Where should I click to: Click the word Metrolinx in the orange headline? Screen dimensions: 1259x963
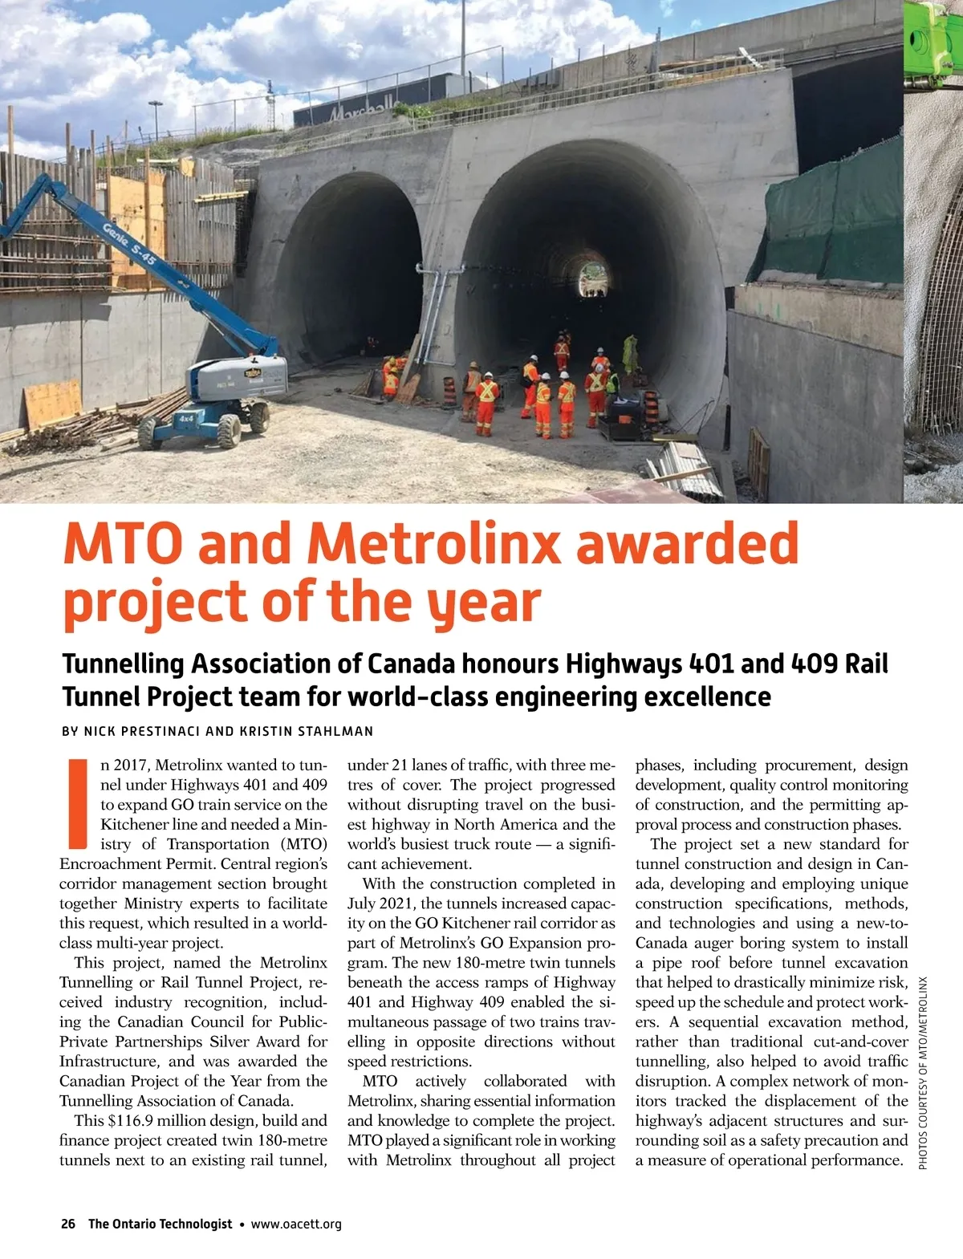tap(433, 544)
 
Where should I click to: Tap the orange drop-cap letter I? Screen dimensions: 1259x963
tap(78, 802)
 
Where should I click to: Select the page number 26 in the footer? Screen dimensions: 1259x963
tap(68, 1224)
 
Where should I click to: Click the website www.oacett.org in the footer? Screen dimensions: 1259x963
tap(296, 1224)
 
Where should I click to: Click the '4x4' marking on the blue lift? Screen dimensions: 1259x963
tap(185, 418)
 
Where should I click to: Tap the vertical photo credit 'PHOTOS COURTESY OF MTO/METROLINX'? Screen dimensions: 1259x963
tap(923, 1071)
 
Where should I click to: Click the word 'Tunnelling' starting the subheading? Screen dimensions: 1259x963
tap(123, 664)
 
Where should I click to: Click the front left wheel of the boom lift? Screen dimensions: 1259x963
tap(149, 433)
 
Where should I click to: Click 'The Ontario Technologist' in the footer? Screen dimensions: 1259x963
tap(160, 1224)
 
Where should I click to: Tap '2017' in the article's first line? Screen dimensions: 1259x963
tap(132, 765)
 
